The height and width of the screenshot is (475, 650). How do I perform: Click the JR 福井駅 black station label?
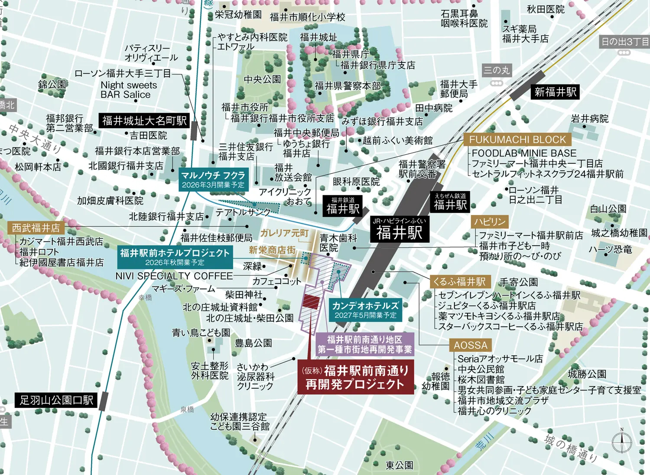point(399,229)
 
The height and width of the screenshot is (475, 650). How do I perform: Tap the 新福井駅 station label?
point(555,92)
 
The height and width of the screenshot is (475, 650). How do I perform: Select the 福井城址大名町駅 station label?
point(144,120)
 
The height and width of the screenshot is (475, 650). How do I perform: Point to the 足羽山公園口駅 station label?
point(56,400)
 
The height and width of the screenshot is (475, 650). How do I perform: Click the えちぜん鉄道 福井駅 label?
point(450,202)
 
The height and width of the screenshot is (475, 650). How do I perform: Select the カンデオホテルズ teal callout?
point(365,309)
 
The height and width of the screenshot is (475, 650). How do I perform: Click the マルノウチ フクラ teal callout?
point(213,179)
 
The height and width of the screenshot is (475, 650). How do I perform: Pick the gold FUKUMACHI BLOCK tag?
point(517,140)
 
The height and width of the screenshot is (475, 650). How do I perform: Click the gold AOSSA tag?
point(470,345)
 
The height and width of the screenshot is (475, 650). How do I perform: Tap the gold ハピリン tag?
point(490,221)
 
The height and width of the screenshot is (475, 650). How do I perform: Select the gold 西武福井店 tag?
point(36,228)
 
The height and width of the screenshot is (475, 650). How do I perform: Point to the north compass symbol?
point(622,442)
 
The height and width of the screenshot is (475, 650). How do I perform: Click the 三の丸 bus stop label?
point(497,70)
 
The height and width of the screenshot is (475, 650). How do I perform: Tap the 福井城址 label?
point(318,38)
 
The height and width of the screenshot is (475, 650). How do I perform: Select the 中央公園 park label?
point(262,79)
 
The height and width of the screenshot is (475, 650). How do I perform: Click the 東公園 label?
point(400,465)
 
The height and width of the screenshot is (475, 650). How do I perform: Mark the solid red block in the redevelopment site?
point(311,302)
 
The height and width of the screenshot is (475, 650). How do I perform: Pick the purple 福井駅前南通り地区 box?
point(365,345)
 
